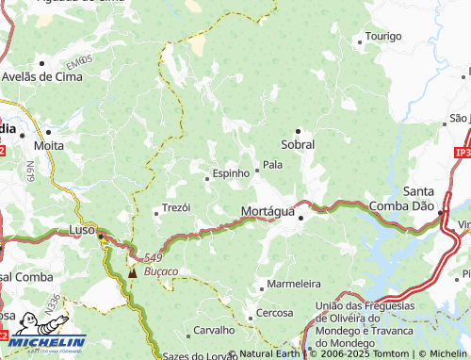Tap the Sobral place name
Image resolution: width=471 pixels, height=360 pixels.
click(299, 144)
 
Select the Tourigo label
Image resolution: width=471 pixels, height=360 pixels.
click(382, 36)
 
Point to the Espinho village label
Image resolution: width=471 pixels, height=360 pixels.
click(231, 173)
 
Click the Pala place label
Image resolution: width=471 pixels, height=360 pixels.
click(272, 164)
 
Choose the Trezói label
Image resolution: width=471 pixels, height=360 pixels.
click(177, 207)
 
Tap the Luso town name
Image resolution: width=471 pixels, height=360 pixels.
click(83, 229)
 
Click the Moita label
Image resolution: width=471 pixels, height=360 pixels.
click(48, 146)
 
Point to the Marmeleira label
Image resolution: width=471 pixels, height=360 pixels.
click(294, 284)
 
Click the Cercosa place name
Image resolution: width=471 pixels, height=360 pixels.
click(275, 312)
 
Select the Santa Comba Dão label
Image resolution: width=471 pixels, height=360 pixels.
click(431, 198)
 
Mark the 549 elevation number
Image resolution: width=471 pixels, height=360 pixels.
click(153, 257)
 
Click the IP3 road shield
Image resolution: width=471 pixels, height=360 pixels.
click(461, 152)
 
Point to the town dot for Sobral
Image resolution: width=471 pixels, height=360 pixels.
click(299, 130)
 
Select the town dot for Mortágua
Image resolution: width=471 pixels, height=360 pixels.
click(301, 219)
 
